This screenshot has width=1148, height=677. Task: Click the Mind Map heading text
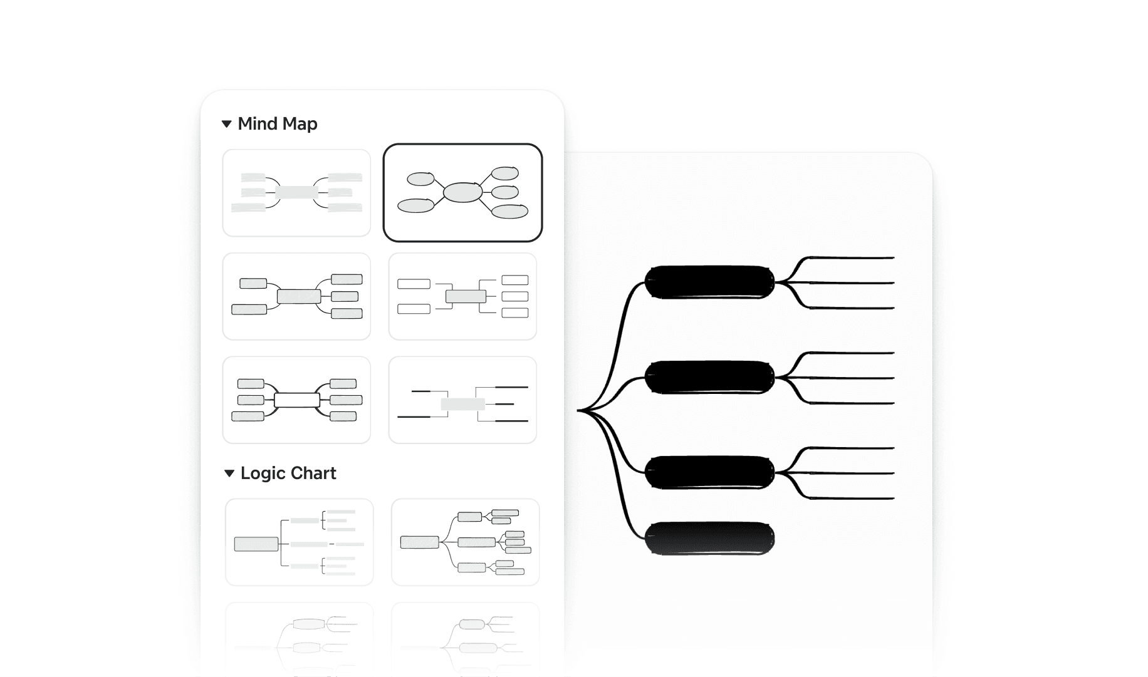277,124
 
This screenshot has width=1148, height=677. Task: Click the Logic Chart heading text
288,473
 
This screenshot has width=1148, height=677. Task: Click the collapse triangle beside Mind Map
227,124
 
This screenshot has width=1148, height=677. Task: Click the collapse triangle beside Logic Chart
229,473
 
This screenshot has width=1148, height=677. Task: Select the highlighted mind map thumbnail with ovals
462,192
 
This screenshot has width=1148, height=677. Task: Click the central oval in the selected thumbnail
462,192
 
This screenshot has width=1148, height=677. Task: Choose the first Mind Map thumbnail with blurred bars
296,193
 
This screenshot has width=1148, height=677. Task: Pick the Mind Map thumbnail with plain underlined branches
462,400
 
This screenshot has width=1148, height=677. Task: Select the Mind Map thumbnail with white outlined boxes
462,296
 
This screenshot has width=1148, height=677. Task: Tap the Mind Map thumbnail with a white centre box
296,400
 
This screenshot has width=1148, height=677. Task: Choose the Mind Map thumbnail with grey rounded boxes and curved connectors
296,296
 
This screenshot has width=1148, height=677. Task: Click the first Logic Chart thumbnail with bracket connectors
299,542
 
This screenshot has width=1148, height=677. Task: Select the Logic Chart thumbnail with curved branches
465,542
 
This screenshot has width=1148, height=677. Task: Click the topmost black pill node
709,282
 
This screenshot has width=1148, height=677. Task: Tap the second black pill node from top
709,378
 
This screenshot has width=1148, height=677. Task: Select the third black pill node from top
709,473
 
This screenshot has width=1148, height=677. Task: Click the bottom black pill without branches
709,539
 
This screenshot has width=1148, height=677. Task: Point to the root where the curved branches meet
579,411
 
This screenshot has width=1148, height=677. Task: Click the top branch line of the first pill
852,257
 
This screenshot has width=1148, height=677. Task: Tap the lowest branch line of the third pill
852,499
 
